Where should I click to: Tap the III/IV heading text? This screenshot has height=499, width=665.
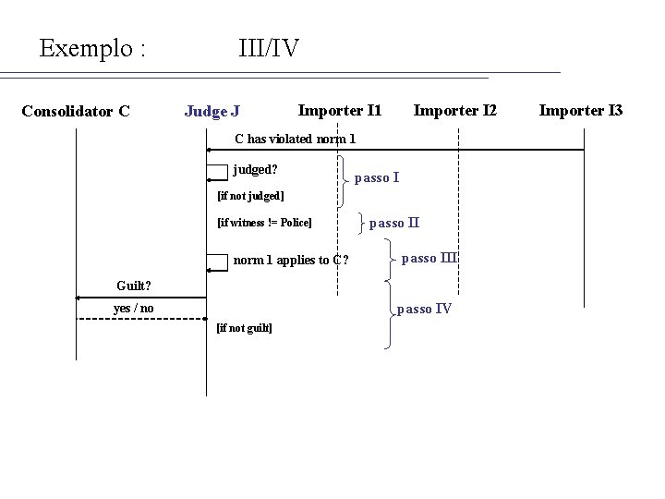268,47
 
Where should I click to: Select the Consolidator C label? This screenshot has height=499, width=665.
75,112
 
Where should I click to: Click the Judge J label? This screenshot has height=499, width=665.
212,112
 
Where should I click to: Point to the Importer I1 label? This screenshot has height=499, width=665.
340,110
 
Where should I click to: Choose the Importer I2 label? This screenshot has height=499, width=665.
454,111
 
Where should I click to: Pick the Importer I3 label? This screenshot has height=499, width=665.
581,111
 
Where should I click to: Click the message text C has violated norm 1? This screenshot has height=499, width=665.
295,140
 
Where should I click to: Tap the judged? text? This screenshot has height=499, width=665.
256,170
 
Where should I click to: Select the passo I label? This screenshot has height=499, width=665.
377,176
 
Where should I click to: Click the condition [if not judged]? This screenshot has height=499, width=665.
249,196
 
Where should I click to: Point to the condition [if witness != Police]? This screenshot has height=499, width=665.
264,223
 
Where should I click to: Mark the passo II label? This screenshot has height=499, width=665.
394,223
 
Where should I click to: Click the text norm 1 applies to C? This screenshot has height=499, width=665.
290,260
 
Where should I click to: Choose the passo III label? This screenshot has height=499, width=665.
431,258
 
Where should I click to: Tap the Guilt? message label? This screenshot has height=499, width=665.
135,285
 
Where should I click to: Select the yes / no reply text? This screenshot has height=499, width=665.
133,308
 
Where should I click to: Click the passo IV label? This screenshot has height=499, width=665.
424,309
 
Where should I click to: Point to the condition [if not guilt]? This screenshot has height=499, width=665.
243,328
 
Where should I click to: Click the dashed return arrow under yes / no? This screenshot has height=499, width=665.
139,319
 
